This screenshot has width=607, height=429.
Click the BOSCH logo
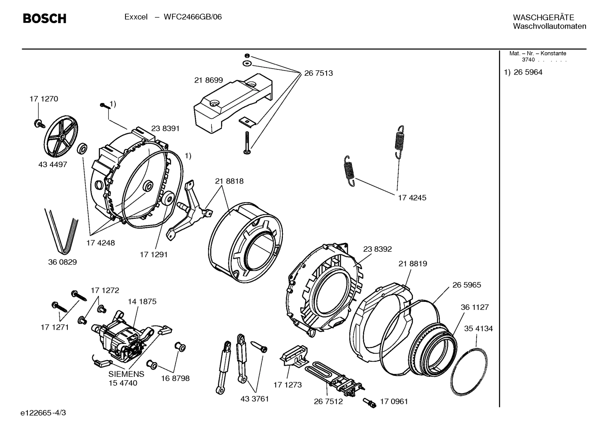pyautogui.click(x=44, y=19)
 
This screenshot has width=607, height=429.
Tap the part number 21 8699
pyautogui.click(x=208, y=80)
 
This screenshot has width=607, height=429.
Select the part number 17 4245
pyautogui.click(x=412, y=197)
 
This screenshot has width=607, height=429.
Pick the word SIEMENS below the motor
pyautogui.click(x=126, y=374)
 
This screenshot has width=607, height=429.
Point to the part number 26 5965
pyautogui.click(x=466, y=285)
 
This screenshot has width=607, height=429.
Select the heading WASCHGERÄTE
pyautogui.click(x=543, y=18)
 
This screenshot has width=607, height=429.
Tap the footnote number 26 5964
pyautogui.click(x=528, y=72)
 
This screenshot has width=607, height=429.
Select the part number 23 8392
pyautogui.click(x=377, y=249)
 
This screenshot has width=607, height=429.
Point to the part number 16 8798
pyautogui.click(x=175, y=378)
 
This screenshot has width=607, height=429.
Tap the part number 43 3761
pyautogui.click(x=254, y=399)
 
